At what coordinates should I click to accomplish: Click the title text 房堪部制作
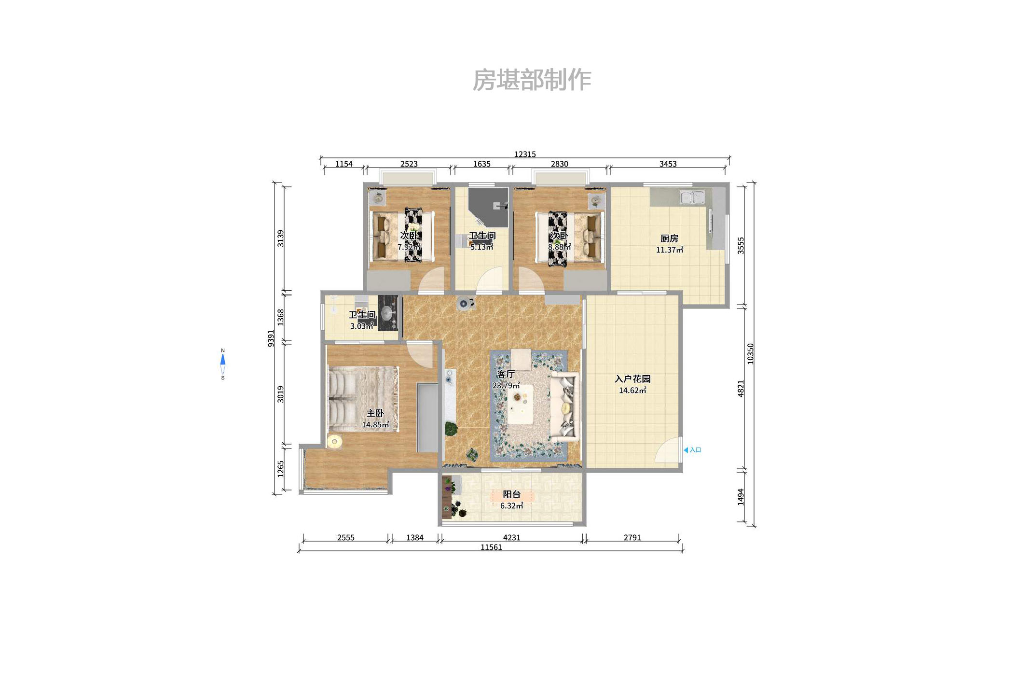(531, 80)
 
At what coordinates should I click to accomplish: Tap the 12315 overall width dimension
(524, 154)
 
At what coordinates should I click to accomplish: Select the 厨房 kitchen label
(669, 238)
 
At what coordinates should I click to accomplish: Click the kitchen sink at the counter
(692, 197)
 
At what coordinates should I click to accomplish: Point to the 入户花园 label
(632, 379)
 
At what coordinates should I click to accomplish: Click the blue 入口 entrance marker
(692, 450)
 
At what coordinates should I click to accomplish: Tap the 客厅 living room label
(506, 374)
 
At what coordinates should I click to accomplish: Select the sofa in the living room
(565, 406)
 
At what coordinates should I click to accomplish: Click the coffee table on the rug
(520, 404)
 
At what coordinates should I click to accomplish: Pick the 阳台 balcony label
(511, 494)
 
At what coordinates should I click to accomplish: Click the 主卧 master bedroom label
(375, 413)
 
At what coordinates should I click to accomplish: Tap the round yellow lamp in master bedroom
(334, 441)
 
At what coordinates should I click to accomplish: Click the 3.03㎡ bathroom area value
(361, 326)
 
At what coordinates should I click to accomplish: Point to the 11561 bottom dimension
(491, 547)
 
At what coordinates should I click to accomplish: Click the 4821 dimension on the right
(741, 389)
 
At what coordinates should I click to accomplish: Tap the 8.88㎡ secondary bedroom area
(559, 247)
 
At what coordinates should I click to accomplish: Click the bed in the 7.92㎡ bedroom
(401, 236)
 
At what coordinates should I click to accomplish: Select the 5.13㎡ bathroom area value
(481, 247)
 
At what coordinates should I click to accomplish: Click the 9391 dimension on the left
(271, 338)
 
